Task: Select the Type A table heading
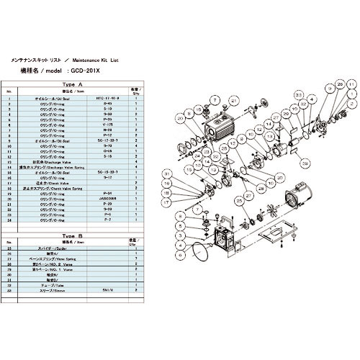(75, 84)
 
